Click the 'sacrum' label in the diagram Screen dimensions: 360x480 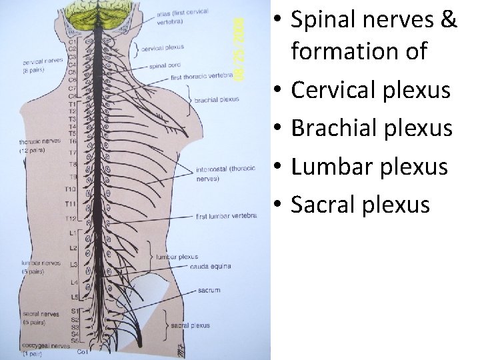[208, 291]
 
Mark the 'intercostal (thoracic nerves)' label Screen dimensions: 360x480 [220, 174]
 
